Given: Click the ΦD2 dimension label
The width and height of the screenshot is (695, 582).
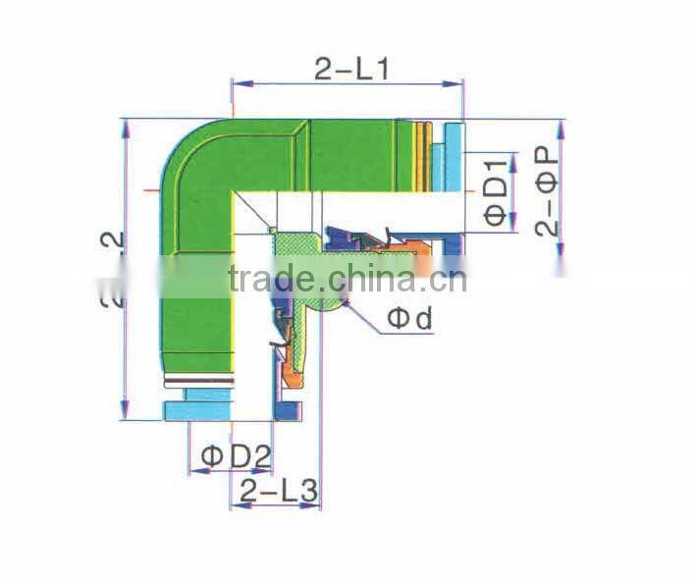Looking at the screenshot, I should click(236, 455).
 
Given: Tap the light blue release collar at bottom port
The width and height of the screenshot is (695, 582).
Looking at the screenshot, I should click(200, 409).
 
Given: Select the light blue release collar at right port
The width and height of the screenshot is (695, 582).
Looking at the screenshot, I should click(453, 157).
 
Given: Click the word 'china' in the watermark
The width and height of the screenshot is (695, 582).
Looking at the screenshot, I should click(368, 278).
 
